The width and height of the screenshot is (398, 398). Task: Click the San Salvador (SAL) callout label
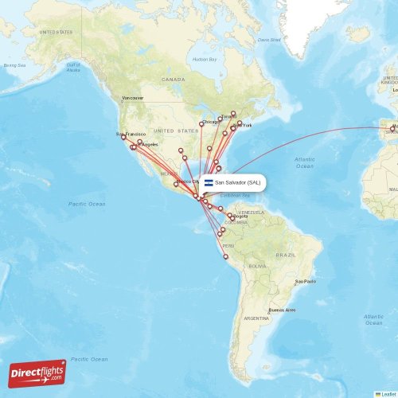[x=237, y=182]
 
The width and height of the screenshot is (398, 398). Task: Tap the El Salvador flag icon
[x=209, y=182]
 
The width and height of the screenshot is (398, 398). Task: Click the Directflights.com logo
[x=37, y=373]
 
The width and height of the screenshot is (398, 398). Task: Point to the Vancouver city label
[x=133, y=99]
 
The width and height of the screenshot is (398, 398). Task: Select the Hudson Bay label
[x=205, y=60]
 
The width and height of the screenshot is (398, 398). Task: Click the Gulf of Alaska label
[x=73, y=68]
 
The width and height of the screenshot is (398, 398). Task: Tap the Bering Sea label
[x=14, y=65]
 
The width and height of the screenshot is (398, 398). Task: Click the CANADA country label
[x=173, y=80]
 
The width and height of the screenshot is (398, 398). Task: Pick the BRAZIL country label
[x=284, y=254]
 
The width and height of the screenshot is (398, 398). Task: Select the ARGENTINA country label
[x=256, y=318]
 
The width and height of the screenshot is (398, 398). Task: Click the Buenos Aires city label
[x=281, y=310]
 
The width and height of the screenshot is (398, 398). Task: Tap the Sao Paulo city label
[x=305, y=281]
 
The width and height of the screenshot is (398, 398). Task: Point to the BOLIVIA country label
[x=256, y=266]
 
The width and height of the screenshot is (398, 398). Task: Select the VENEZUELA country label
[x=251, y=213]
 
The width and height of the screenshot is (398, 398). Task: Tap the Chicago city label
[x=211, y=122]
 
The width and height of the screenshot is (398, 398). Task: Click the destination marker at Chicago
[x=201, y=123]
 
